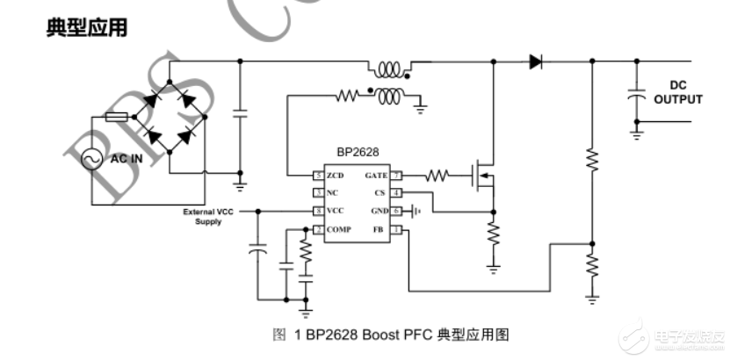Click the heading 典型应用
point(86,29)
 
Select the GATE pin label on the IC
point(376,176)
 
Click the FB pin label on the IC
point(379,230)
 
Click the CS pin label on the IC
point(380,192)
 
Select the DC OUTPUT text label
point(677,92)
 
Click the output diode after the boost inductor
point(535,61)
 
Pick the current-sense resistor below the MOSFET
point(493,234)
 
